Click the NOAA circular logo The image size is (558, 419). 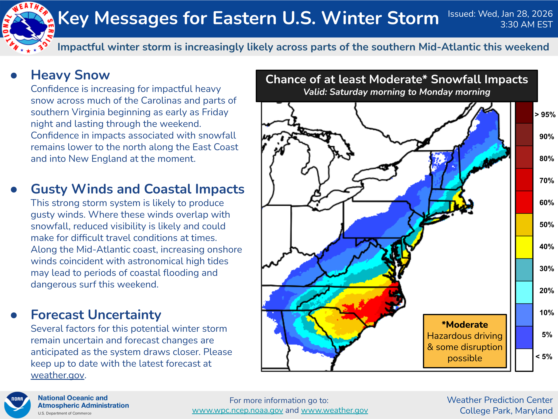click(x=17, y=405)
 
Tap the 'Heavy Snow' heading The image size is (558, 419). click(x=70, y=75)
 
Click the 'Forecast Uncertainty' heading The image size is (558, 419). click(x=96, y=315)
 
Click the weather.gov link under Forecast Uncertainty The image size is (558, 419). click(x=58, y=375)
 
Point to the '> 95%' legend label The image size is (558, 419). click(x=545, y=115)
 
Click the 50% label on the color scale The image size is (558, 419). click(x=546, y=225)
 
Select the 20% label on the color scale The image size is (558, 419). click(x=546, y=291)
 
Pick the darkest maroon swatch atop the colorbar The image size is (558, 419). click(x=524, y=113)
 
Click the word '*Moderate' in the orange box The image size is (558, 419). click(x=465, y=324)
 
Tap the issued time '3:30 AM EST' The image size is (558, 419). click(x=526, y=25)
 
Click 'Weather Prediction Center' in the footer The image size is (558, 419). click(x=500, y=400)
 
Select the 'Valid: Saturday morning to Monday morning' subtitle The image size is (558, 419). click(x=397, y=92)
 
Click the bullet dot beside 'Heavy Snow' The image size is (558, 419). click(x=14, y=76)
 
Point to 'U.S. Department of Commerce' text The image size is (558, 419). click(x=65, y=413)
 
